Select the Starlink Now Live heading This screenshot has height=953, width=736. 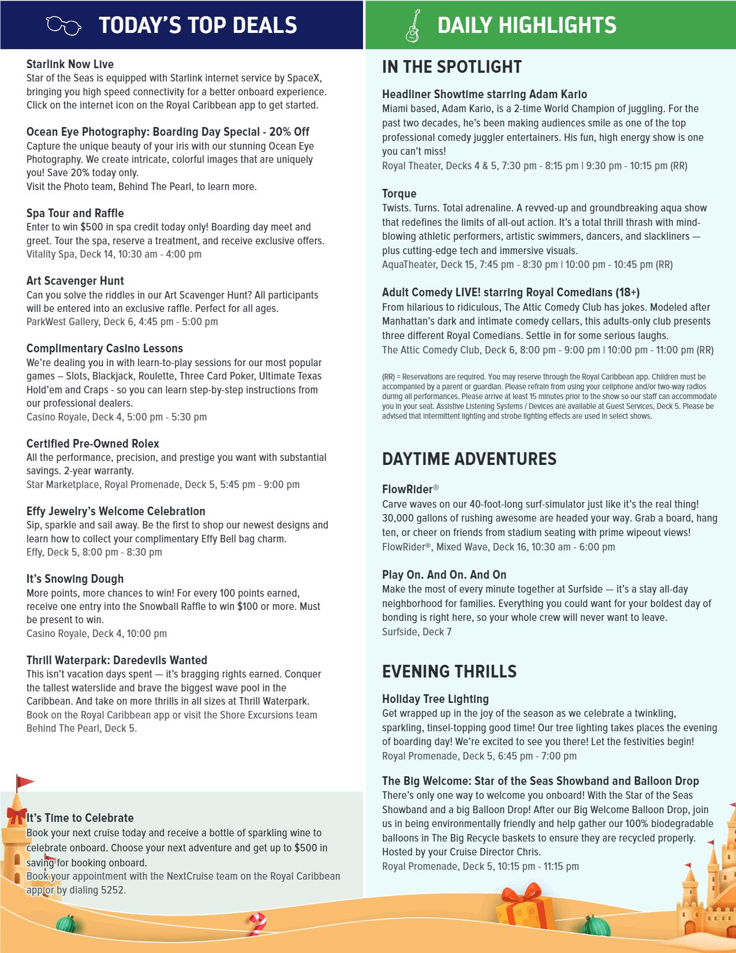tap(70, 64)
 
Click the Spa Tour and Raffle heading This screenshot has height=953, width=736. tap(75, 213)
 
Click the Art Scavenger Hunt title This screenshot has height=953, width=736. tap(75, 281)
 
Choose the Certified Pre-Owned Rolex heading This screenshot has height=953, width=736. tap(92, 444)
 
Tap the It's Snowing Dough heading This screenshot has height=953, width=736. tap(75, 579)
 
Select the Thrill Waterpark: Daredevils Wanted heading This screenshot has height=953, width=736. tap(117, 660)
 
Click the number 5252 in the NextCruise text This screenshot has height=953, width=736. tap(113, 889)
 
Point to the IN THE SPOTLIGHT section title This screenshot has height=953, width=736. tap(451, 67)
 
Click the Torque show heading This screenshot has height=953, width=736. tap(399, 193)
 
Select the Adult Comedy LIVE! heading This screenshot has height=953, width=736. tap(510, 292)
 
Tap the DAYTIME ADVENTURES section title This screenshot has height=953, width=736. tap(469, 459)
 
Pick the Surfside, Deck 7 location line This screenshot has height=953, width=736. tap(416, 632)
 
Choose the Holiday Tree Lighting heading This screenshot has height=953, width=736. tap(435, 699)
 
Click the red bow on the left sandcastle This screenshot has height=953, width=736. tap(17, 815)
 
